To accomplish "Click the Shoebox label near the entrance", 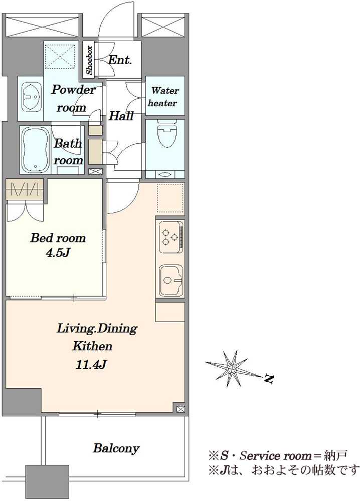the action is click(x=90, y=60).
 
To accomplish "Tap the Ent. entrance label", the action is click(x=120, y=60).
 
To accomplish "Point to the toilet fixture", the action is click(x=165, y=135).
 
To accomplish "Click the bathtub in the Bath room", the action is click(x=34, y=149).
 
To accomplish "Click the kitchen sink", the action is click(x=171, y=281).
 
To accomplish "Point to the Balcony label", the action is click(x=116, y=448).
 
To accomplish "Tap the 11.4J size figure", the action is click(x=91, y=364).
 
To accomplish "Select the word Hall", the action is click(x=121, y=116).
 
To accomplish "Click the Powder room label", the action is click(x=73, y=98).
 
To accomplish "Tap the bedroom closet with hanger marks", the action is click(x=24, y=190).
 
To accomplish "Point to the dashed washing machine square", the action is click(x=61, y=56).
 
